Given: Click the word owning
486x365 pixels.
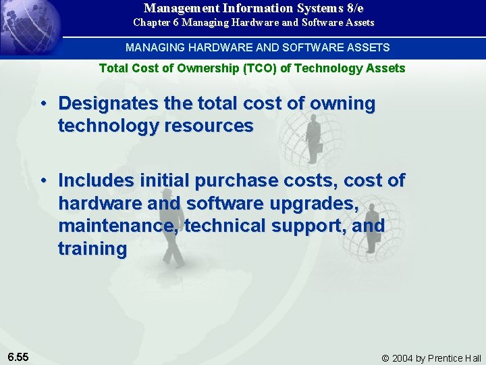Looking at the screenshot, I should [x=344, y=103].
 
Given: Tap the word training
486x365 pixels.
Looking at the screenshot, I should [x=92, y=249].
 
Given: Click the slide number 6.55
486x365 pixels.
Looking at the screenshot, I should [x=18, y=356].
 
